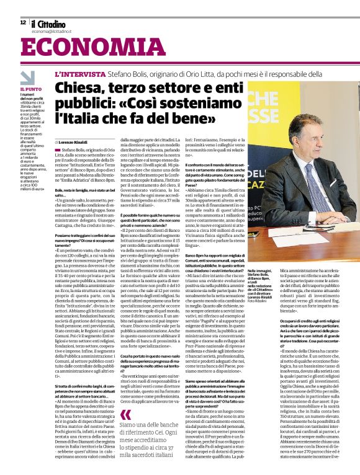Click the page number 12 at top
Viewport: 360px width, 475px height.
pyautogui.click(x=22, y=22)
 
